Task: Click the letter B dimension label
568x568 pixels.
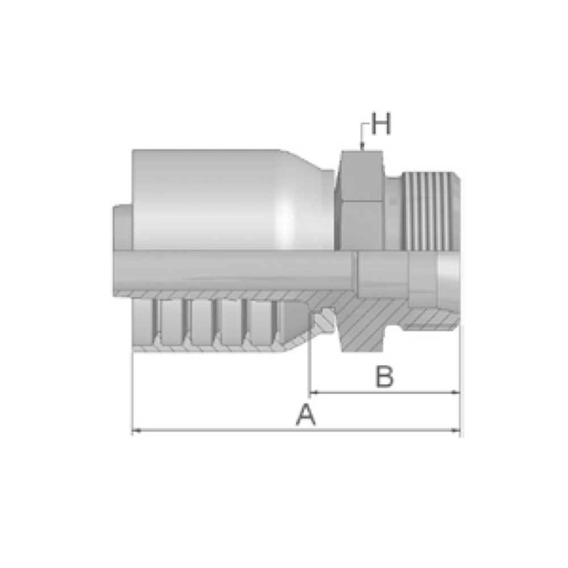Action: click(384, 377)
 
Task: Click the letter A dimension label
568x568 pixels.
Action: click(306, 415)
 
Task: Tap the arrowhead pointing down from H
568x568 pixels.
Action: click(361, 147)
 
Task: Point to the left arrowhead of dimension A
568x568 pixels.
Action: click(136, 431)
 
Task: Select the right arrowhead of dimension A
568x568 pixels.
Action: click(456, 431)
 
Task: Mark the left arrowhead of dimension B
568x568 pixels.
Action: click(314, 392)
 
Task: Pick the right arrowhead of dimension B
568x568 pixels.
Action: click(456, 392)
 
